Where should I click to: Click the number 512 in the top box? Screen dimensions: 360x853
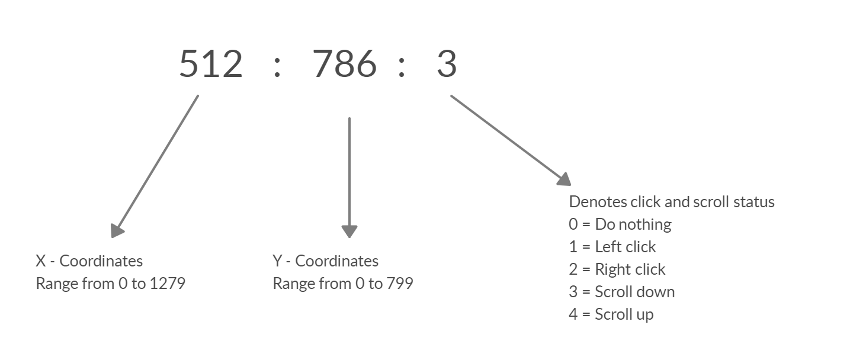click(211, 64)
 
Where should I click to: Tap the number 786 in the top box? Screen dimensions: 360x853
click(345, 64)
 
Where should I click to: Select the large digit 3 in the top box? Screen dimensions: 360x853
click(447, 64)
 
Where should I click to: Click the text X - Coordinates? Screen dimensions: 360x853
click(89, 261)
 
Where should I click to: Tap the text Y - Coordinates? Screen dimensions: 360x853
click(325, 261)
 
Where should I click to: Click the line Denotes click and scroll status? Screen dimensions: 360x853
click(672, 202)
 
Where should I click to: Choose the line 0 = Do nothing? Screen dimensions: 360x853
click(620, 224)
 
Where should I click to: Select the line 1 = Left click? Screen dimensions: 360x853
click(613, 247)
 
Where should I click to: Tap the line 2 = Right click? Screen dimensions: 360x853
click(617, 269)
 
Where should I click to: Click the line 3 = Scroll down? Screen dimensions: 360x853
click(622, 292)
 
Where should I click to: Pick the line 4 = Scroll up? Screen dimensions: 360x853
click(611, 314)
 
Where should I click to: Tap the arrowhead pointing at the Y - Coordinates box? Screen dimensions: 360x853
click(349, 230)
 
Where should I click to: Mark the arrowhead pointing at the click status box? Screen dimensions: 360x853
click(562, 179)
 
